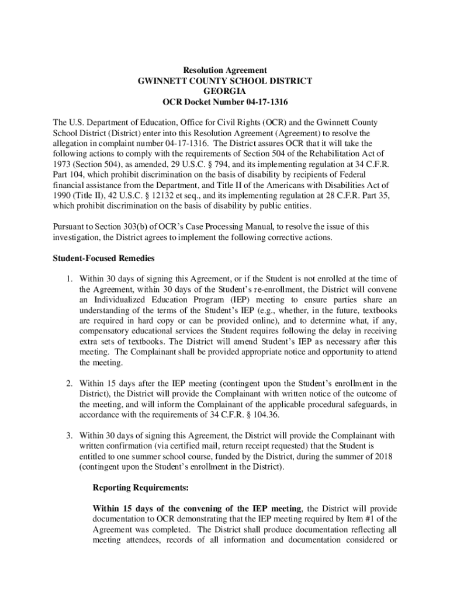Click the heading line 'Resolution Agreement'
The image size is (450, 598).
(225, 71)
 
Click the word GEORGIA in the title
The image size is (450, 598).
(225, 92)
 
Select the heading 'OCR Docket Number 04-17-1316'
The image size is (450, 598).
(225, 103)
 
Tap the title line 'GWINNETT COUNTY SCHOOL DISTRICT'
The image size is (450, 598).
(225, 81)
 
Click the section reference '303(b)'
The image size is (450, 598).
(139, 227)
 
